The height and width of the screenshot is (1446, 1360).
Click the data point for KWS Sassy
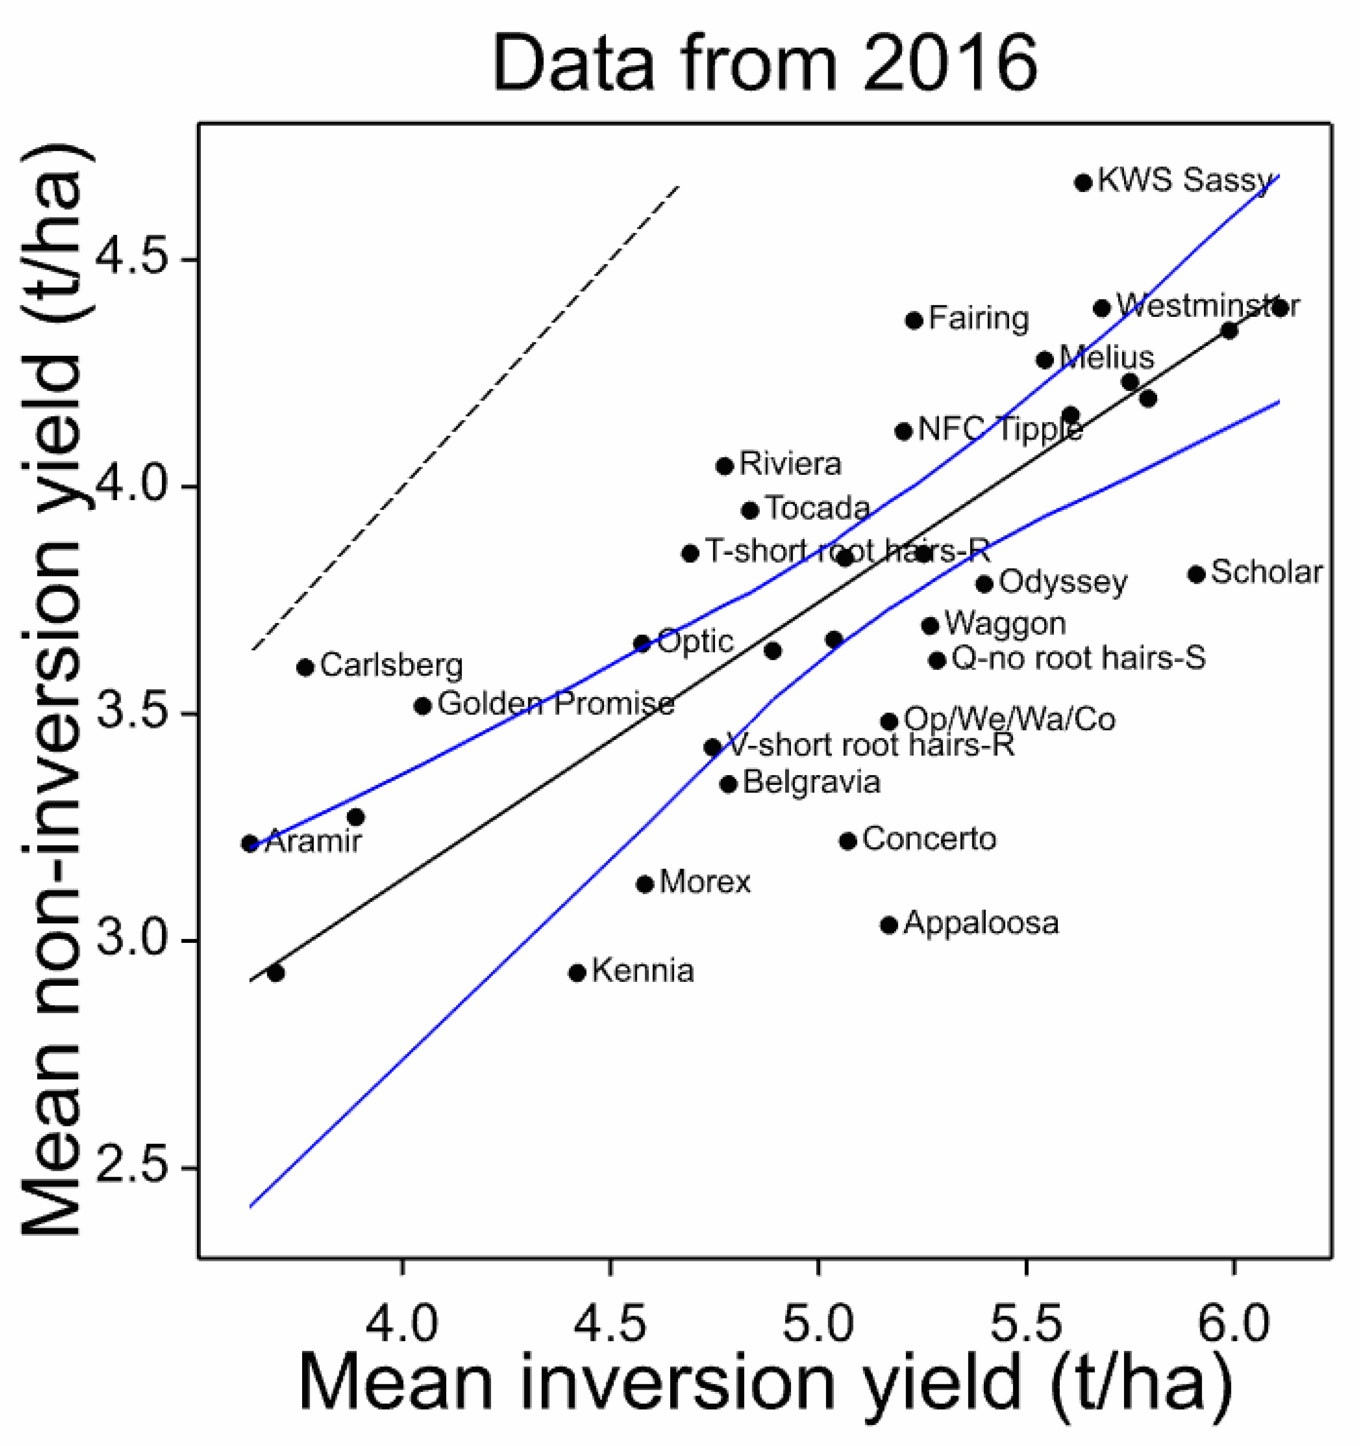[1083, 182]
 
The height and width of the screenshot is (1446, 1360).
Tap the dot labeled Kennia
[577, 973]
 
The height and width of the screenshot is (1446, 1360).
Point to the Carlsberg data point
[306, 666]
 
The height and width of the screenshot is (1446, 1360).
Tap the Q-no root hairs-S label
[1078, 658]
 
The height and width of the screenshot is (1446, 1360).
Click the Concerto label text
[929, 839]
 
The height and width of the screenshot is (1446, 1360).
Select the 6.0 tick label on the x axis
[1234, 1322]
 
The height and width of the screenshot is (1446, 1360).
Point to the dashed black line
[465, 417]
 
